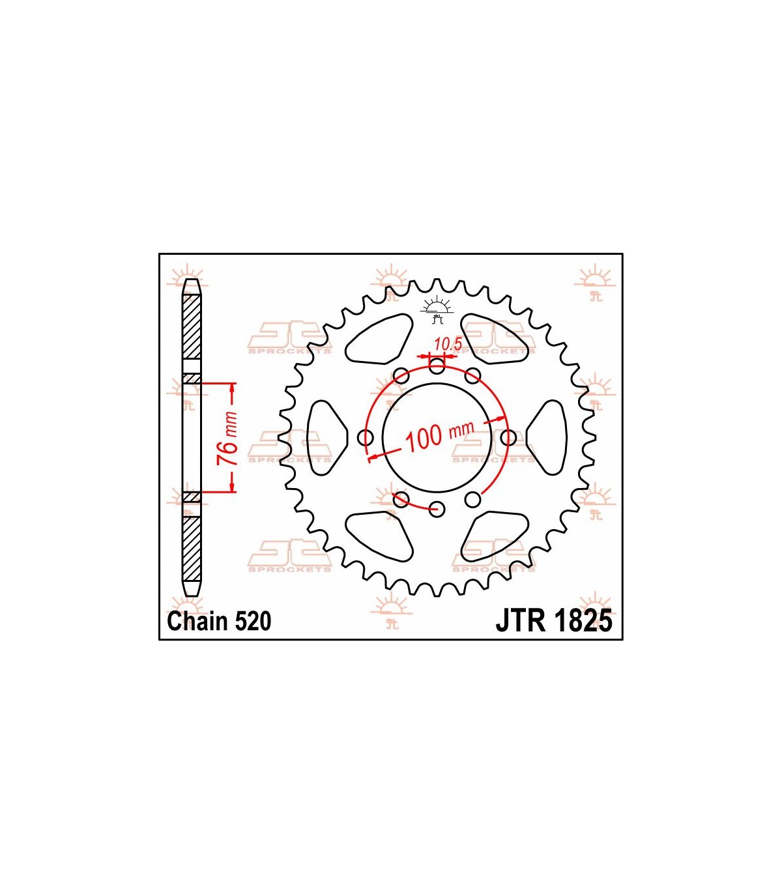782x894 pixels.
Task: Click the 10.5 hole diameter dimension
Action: click(x=448, y=344)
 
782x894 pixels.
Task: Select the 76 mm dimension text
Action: click(x=227, y=439)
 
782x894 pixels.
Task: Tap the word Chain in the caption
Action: click(x=199, y=622)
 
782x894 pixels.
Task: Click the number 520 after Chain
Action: click(x=253, y=622)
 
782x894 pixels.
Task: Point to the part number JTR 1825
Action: click(x=554, y=621)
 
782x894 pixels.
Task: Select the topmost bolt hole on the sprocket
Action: click(x=437, y=366)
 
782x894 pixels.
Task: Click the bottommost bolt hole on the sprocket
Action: click(x=437, y=509)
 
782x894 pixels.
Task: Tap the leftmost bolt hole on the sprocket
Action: click(x=366, y=437)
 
